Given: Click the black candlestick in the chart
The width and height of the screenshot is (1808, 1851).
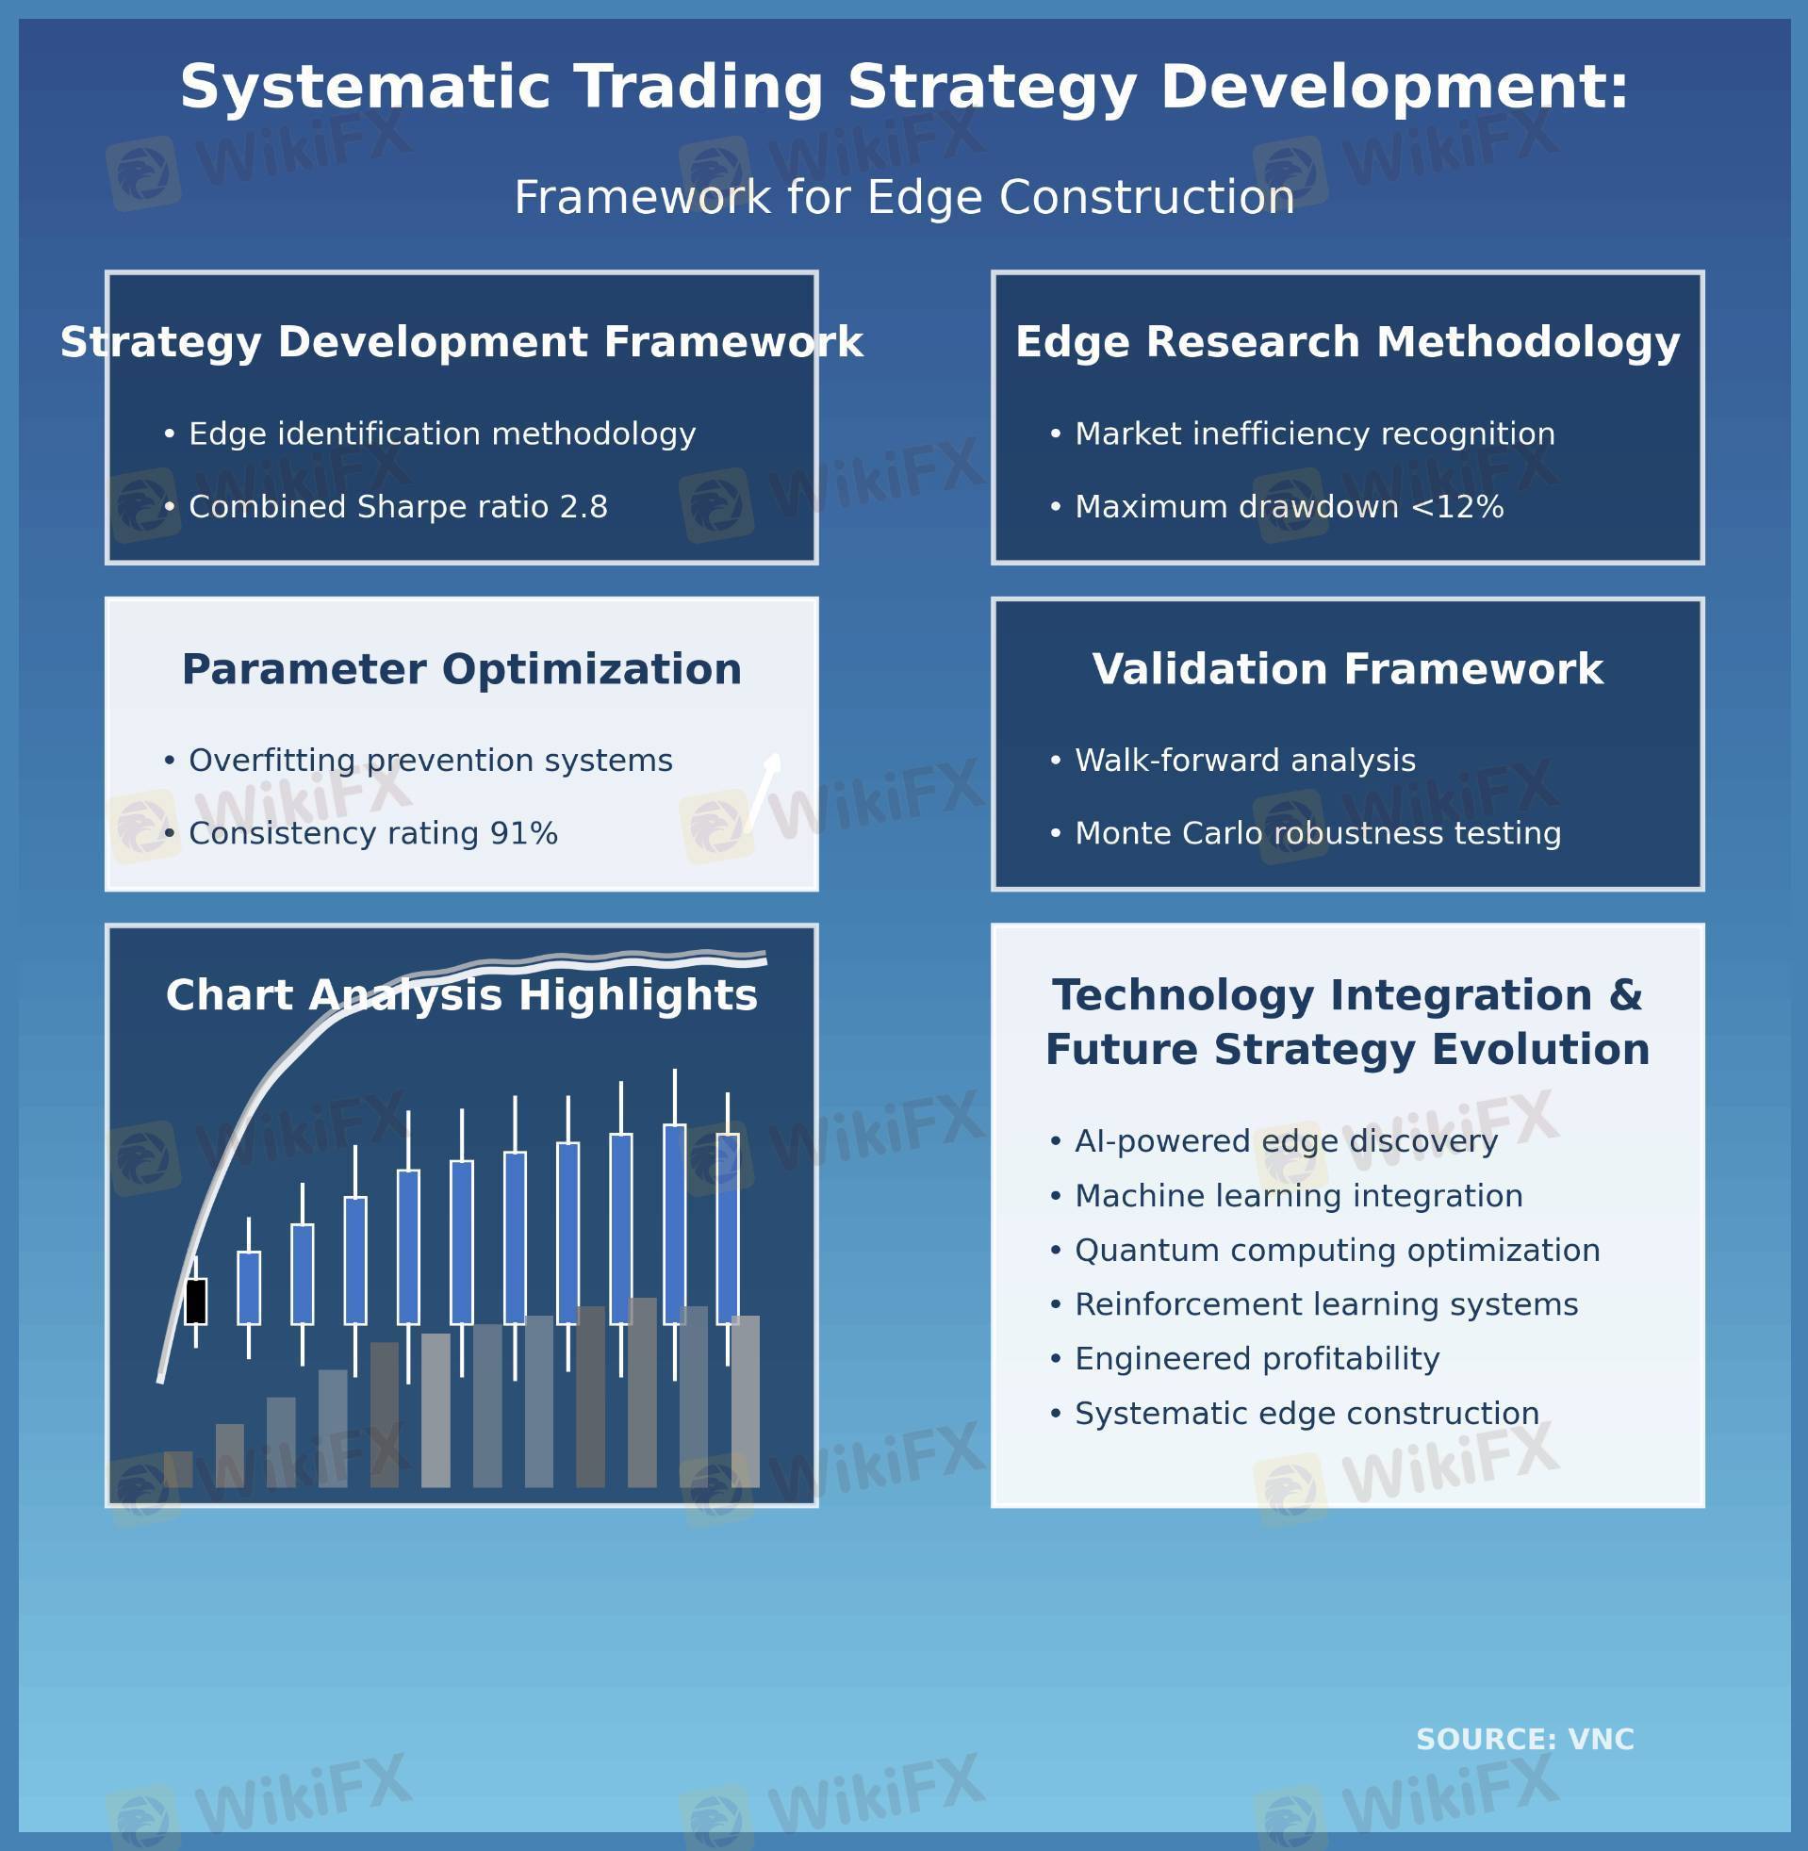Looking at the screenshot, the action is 196,1301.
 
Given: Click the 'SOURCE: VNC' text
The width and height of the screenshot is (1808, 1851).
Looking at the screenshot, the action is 1525,1740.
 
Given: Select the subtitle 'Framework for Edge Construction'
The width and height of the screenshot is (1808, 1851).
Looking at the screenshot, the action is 904,197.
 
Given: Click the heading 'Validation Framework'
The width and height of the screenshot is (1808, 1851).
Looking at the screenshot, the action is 1347,669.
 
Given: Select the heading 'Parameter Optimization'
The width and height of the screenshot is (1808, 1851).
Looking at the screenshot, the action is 462,669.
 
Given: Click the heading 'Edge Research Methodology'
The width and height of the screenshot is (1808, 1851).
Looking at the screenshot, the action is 1347,342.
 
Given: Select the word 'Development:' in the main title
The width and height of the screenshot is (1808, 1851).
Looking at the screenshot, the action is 1394,88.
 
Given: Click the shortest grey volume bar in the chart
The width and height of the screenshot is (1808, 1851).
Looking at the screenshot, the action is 178,1469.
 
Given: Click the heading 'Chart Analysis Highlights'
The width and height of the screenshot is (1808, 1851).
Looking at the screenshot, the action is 462,996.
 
